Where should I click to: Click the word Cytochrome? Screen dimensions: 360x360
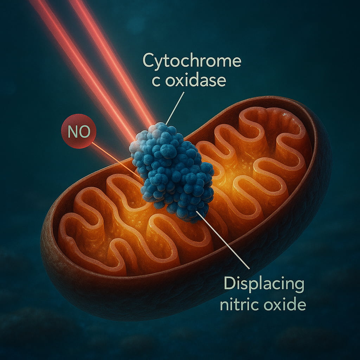(192, 60)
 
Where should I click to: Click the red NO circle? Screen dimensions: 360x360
(79, 131)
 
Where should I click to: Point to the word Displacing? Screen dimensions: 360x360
(264, 284)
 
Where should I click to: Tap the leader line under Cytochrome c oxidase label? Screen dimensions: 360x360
(175, 108)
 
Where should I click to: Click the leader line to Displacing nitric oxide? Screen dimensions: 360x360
(223, 240)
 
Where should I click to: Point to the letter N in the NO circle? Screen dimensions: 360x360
(73, 131)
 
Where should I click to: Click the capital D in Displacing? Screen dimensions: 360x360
(230, 283)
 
